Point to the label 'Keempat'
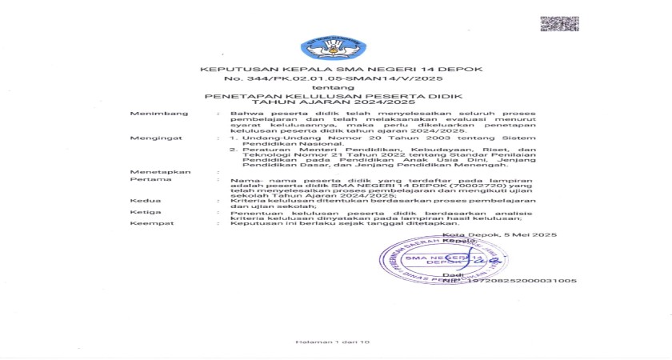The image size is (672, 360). click(147, 223)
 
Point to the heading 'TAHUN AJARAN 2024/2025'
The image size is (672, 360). click(298, 103)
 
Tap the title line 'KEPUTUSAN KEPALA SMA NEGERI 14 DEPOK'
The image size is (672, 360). click(342, 70)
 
